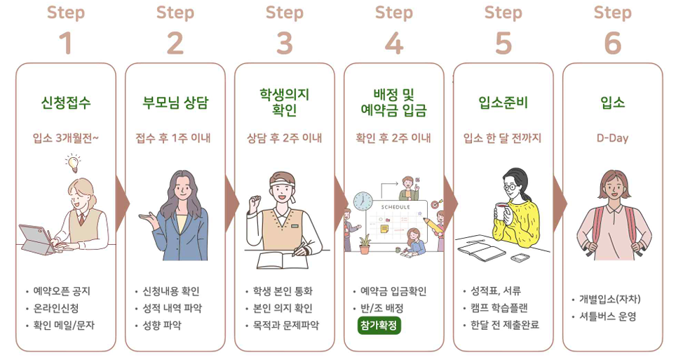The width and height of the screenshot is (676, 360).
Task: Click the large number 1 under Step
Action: click(66, 44)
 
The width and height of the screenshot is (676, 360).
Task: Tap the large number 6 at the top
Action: click(612, 44)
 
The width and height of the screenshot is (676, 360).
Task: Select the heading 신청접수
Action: click(66, 103)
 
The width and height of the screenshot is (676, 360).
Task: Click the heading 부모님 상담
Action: click(175, 103)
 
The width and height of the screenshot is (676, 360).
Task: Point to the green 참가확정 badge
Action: click(379, 326)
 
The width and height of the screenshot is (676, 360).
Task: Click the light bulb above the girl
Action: click(72, 164)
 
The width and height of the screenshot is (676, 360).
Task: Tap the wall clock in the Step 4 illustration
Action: click(363, 201)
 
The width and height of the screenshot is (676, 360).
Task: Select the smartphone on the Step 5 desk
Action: click(520, 258)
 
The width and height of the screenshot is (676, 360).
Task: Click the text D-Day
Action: click(612, 138)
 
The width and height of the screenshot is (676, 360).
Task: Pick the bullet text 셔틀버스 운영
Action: click(607, 316)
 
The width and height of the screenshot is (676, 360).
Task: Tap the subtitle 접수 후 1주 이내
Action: click(175, 138)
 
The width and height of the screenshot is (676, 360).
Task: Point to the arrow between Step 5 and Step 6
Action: click(560, 199)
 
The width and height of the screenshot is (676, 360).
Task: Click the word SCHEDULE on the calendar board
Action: click(396, 208)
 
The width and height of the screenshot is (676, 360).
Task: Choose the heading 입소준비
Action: click(503, 103)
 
